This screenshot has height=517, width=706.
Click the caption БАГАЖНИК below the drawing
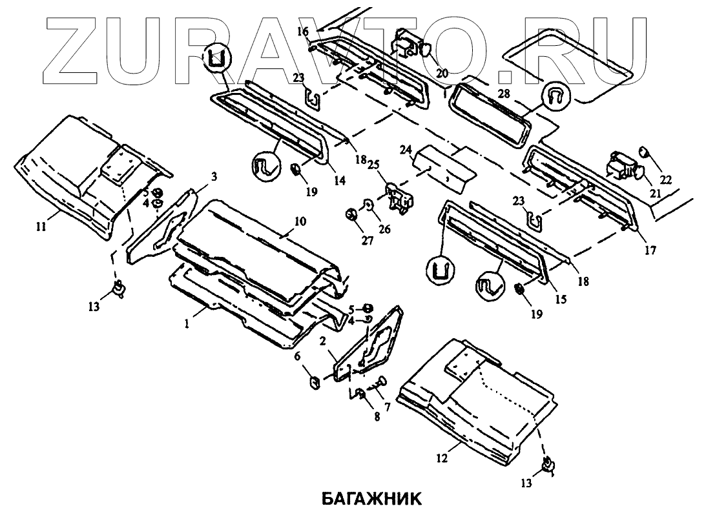click(371, 499)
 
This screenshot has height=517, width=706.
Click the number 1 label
click(187, 325)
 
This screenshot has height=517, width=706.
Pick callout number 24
click(405, 151)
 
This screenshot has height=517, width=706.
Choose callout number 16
click(304, 30)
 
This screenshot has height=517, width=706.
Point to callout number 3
click(214, 176)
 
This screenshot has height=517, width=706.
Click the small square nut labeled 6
click(314, 382)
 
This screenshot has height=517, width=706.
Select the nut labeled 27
click(353, 214)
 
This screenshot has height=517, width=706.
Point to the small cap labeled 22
click(643, 152)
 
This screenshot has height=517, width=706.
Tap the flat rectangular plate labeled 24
click(446, 165)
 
